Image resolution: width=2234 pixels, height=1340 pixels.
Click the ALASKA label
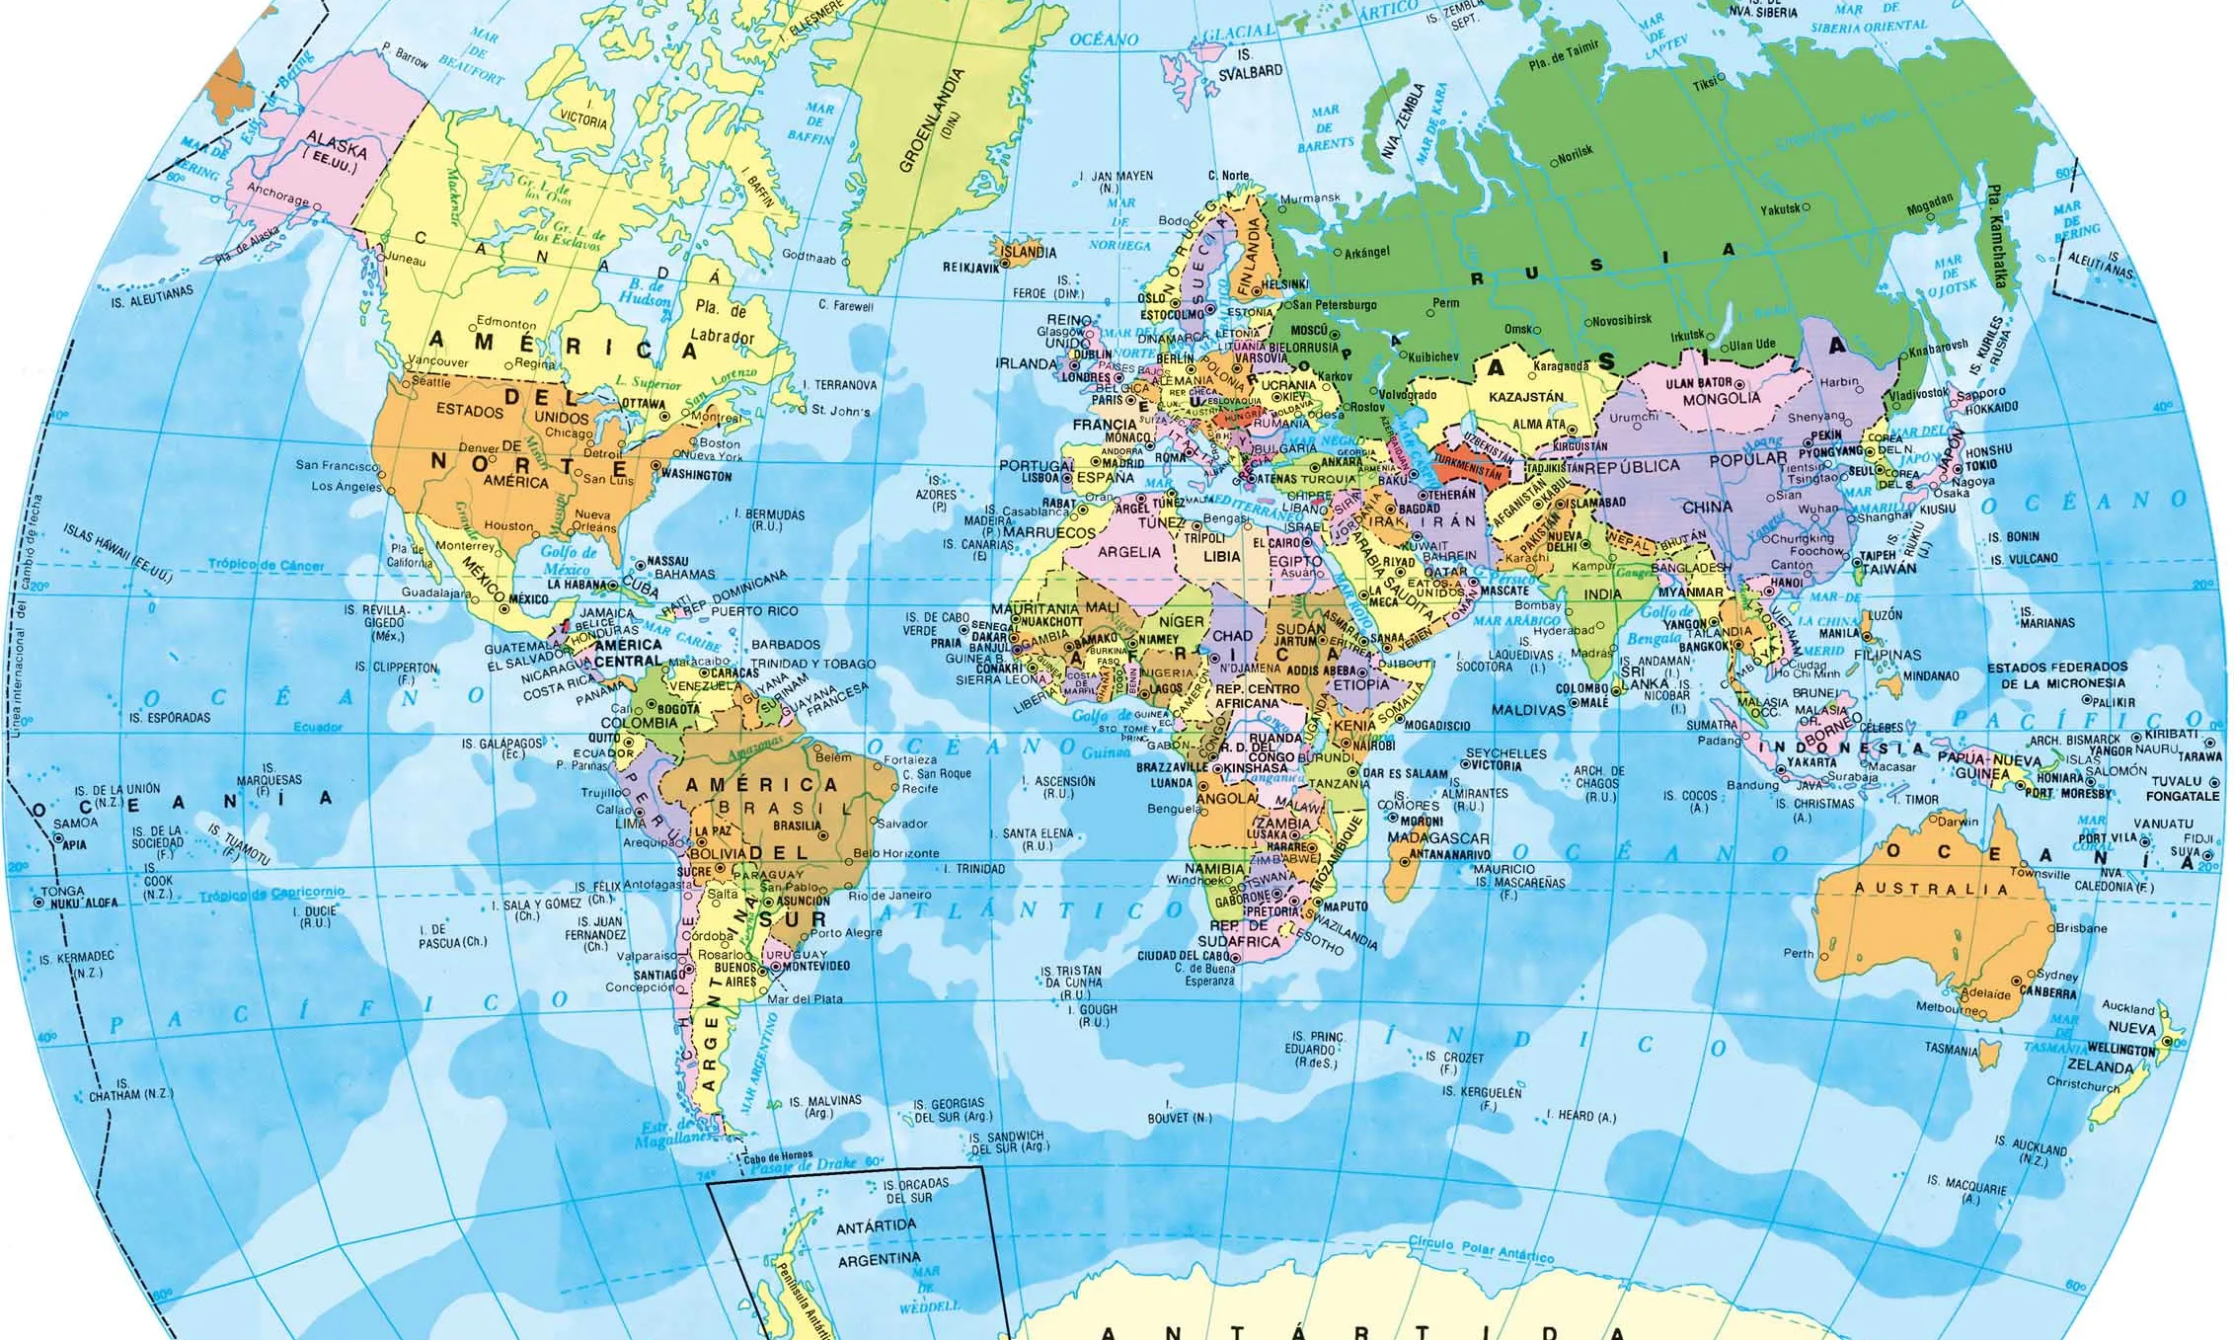tap(337, 144)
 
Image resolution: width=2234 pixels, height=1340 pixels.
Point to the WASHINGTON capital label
tap(696, 475)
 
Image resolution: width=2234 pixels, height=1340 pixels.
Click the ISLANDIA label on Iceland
tap(1029, 252)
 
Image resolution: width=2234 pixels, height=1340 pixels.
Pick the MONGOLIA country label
tap(1722, 399)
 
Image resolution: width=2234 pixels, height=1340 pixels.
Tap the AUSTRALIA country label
tap(1930, 889)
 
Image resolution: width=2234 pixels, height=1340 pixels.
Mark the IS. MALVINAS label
tap(825, 1100)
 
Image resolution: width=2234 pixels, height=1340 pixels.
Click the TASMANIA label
tap(1951, 1049)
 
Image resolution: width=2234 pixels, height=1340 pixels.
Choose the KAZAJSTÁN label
tap(1525, 397)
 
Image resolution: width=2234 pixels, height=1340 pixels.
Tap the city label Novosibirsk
tap(1622, 320)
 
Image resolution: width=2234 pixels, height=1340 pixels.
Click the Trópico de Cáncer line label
tap(266, 565)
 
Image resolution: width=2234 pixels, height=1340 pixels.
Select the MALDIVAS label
tap(1528, 710)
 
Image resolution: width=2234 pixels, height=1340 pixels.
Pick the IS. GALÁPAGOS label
tap(501, 744)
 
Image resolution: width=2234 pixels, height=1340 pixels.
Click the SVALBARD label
tap(1250, 71)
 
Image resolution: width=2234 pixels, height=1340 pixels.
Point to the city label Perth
tap(1798, 954)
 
